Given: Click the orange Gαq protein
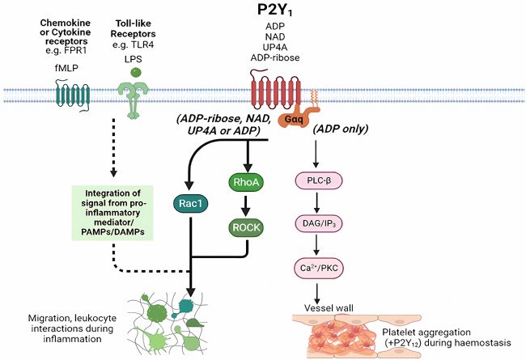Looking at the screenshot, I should (291, 118).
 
